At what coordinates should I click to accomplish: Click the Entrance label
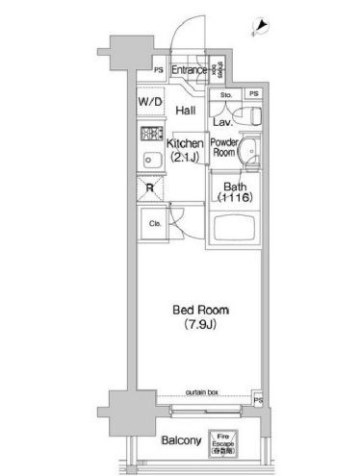click(190, 71)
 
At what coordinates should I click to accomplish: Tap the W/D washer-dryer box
click(148, 101)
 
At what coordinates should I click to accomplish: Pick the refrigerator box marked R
click(148, 189)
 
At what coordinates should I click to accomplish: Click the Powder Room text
click(224, 146)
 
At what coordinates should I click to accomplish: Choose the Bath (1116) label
click(235, 191)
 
